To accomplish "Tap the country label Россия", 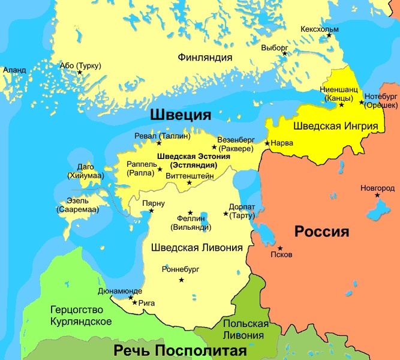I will pyautogui.click(x=321, y=232).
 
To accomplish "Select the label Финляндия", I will pyautogui.click(x=204, y=58).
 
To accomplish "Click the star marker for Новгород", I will pyautogui.click(x=377, y=195).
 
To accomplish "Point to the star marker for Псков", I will pyautogui.click(x=279, y=247).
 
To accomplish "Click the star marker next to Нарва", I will pyautogui.click(x=267, y=143).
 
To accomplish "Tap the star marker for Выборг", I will pyautogui.click(x=285, y=53).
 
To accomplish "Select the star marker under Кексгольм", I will pyautogui.click(x=329, y=37).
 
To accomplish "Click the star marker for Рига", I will pyautogui.click(x=134, y=303).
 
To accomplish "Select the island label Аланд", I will pyautogui.click(x=14, y=70).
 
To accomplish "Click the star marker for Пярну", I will pyautogui.click(x=151, y=211).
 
